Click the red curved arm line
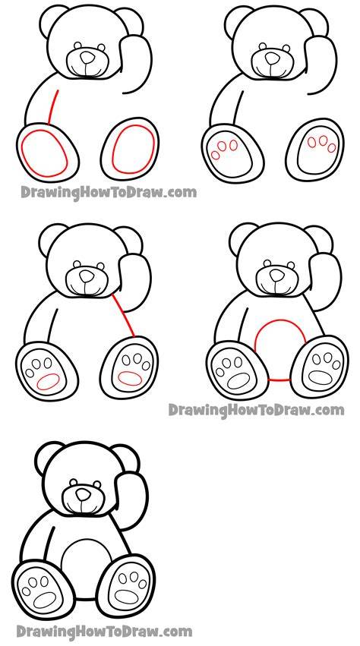(52, 106)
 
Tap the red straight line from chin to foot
(123, 315)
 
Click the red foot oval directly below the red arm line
(45, 153)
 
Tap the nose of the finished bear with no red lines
(84, 494)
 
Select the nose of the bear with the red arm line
(87, 58)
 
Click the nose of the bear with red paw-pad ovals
(87, 276)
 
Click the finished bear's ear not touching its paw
(49, 457)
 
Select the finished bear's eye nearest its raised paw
(97, 484)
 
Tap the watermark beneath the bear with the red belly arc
(256, 411)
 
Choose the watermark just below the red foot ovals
(109, 192)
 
